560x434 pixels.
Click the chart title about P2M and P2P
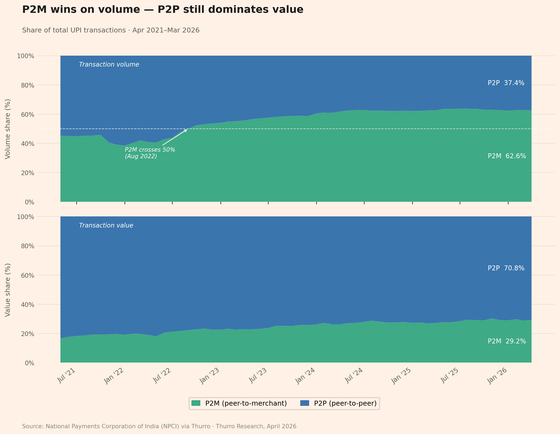pyautogui.click(x=162, y=10)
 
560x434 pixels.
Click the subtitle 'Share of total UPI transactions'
pyautogui.click(x=111, y=30)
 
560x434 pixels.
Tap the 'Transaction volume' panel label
pyautogui.click(x=109, y=65)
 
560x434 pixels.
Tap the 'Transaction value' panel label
pyautogui.click(x=106, y=226)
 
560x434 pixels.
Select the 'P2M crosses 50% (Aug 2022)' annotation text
pyautogui.click(x=150, y=153)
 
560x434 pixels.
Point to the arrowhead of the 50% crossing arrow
pyautogui.click(x=186, y=130)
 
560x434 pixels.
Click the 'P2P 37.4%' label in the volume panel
pyautogui.click(x=506, y=83)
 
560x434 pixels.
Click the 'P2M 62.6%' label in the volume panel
pyautogui.click(x=507, y=156)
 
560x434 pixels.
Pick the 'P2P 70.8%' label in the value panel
pyautogui.click(x=506, y=268)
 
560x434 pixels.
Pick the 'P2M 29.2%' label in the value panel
pyautogui.click(x=507, y=341)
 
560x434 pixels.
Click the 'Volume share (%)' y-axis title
pyautogui.click(x=8, y=129)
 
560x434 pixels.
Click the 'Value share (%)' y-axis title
pyautogui.click(x=8, y=290)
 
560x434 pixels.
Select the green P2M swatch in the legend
pyautogui.click(x=196, y=403)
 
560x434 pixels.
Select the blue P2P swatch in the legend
pyautogui.click(x=305, y=403)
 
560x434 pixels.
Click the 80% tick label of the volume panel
pyautogui.click(x=26, y=85)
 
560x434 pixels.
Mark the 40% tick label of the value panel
pyautogui.click(x=26, y=304)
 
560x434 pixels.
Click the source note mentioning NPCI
pyautogui.click(x=159, y=426)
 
